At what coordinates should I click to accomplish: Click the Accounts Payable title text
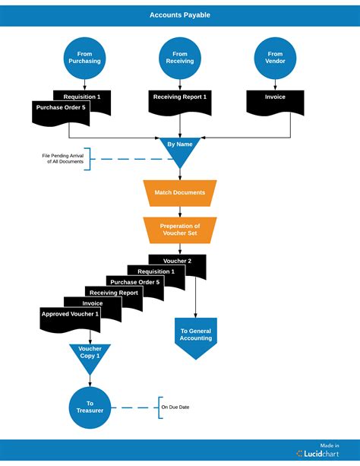pyautogui.click(x=180, y=14)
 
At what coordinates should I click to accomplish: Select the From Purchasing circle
pyautogui.click(x=84, y=59)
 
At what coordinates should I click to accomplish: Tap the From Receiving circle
pyautogui.click(x=180, y=59)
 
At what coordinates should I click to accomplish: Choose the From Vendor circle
pyautogui.click(x=275, y=59)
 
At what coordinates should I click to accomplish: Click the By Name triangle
pyautogui.click(x=180, y=149)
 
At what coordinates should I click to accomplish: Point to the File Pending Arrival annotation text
pyautogui.click(x=63, y=158)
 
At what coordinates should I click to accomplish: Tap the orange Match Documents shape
pyautogui.click(x=180, y=193)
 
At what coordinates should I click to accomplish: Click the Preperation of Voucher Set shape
pyautogui.click(x=180, y=230)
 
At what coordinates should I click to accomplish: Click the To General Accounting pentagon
pyautogui.click(x=196, y=337)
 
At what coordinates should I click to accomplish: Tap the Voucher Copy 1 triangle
pyautogui.click(x=90, y=356)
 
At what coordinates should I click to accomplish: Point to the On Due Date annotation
pyautogui.click(x=175, y=407)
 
